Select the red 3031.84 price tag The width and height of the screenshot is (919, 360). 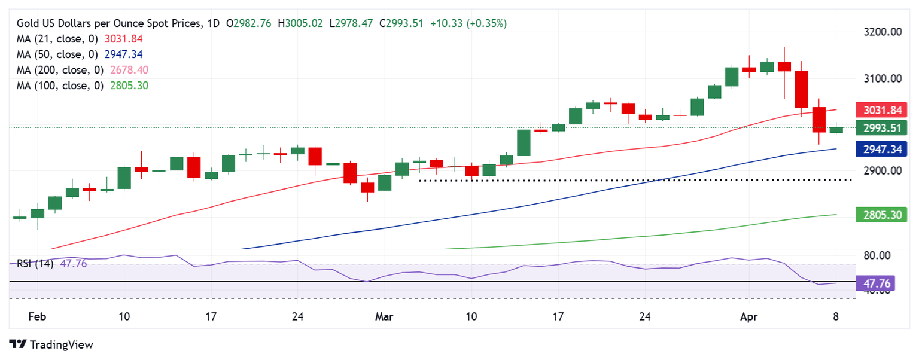[x=881, y=110]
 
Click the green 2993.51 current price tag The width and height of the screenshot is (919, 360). [x=881, y=128]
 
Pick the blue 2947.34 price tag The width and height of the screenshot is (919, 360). [x=881, y=149]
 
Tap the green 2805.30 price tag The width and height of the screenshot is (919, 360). [x=881, y=215]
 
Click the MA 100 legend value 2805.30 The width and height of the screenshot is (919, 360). [x=129, y=86]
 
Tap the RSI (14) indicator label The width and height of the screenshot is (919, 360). [x=35, y=264]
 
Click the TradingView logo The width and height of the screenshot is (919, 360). [x=52, y=344]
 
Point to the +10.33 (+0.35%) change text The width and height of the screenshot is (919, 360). [x=468, y=23]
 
